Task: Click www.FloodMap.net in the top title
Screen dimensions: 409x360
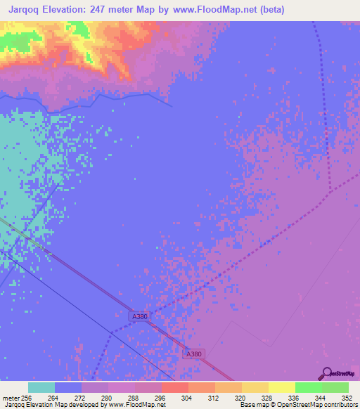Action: [205, 10]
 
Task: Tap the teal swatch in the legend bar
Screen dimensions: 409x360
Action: [41, 387]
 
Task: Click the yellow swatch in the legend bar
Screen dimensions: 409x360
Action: [281, 387]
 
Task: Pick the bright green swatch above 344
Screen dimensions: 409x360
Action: [308, 387]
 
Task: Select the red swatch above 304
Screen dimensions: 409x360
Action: [174, 387]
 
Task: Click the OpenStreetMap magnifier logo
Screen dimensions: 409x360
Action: [325, 373]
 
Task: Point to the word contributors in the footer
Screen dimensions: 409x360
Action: [337, 405]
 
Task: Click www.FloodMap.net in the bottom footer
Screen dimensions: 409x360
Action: [137, 405]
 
